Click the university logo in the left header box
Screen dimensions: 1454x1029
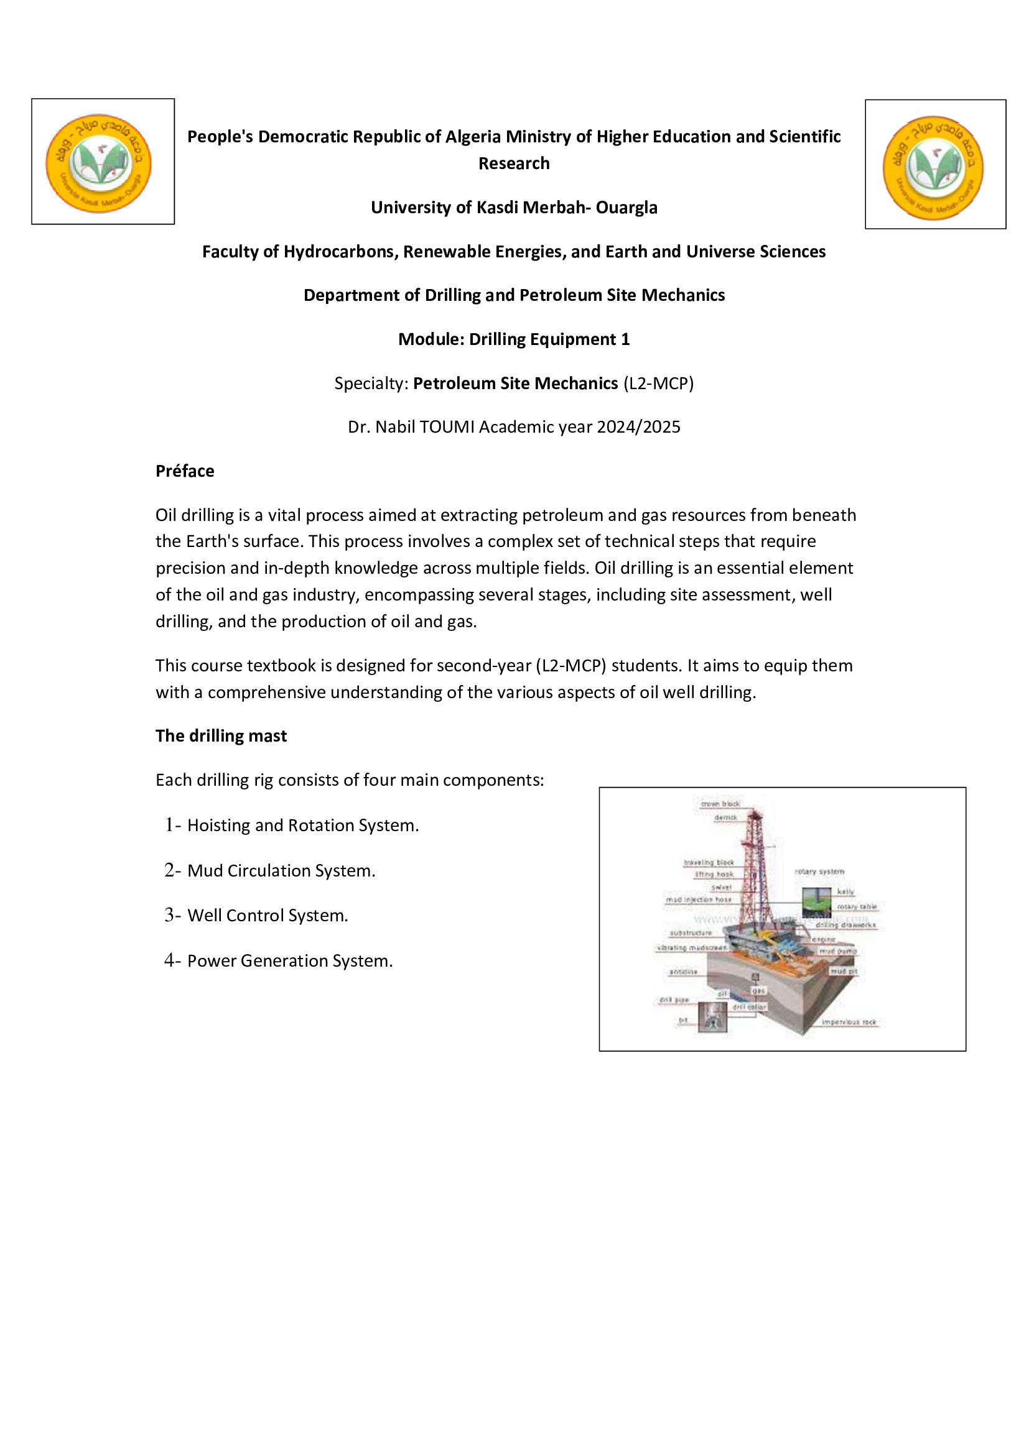tap(98, 163)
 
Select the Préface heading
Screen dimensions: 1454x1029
tap(185, 471)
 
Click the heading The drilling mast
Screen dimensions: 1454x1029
tap(221, 736)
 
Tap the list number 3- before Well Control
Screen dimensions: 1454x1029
tap(172, 915)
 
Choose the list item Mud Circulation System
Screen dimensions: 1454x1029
tap(281, 871)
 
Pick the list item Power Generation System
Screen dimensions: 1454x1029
tap(289, 960)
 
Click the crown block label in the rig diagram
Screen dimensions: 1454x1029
tap(720, 804)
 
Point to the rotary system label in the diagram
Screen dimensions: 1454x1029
tap(819, 872)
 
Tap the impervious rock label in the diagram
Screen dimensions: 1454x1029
tap(849, 1022)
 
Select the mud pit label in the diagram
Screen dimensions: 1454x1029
tap(844, 971)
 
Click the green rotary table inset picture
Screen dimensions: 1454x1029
tap(817, 902)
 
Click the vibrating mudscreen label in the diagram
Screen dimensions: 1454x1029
tap(691, 948)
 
